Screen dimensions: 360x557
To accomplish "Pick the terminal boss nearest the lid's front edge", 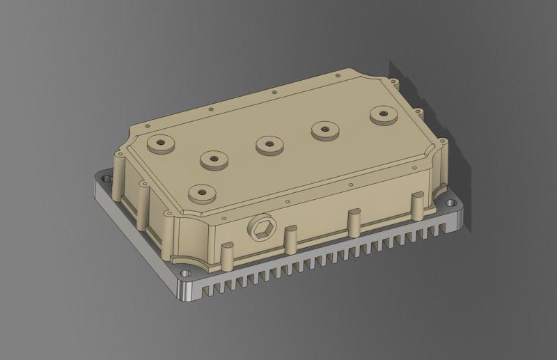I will [x=201, y=190].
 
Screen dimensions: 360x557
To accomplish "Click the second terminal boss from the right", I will [x=325, y=128].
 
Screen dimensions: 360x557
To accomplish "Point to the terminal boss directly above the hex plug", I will [x=269, y=145].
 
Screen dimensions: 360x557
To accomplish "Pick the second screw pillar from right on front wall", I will [x=353, y=219].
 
